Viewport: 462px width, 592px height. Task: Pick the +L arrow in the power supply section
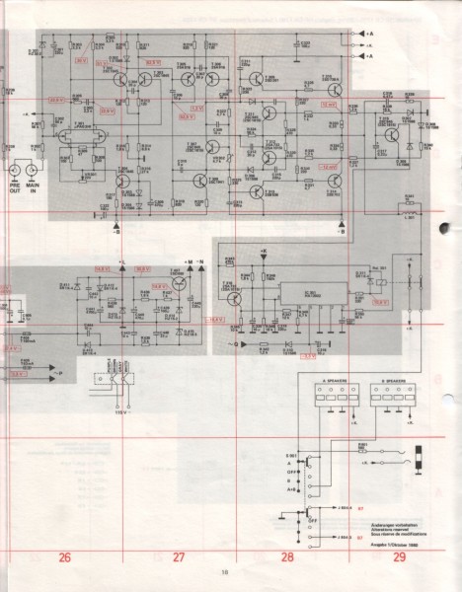[x=121, y=263]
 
